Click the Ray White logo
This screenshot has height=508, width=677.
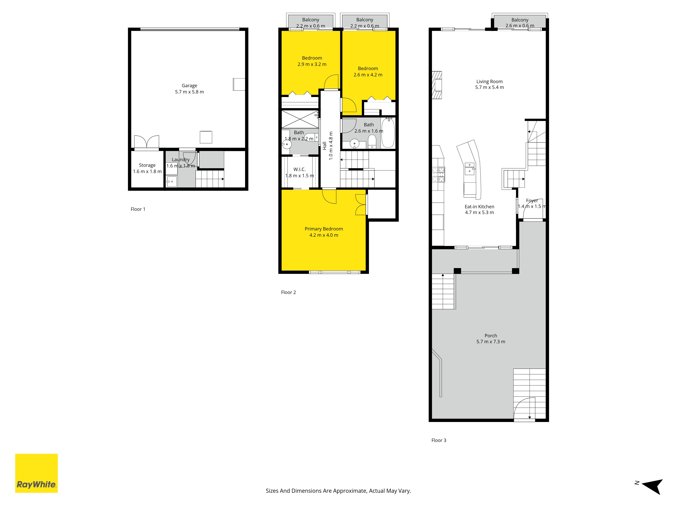coord(36,473)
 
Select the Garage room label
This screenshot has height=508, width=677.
coord(189,86)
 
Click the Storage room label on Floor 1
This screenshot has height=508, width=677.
coord(147,165)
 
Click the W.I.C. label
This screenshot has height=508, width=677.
coord(300,169)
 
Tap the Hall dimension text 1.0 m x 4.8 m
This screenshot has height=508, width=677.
coord(331,146)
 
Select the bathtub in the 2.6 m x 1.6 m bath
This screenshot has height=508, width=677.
coord(388,133)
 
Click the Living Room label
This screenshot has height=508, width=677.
coord(489,81)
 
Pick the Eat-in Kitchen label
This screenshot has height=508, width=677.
coord(479,207)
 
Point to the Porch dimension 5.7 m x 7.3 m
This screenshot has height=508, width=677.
coord(491,342)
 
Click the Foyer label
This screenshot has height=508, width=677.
coord(532,200)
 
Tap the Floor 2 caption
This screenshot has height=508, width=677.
coord(288,292)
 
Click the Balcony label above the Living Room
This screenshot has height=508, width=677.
coord(520,20)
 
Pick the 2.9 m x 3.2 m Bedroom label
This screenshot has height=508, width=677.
coord(312,61)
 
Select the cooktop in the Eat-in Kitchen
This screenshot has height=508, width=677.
coord(438,175)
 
